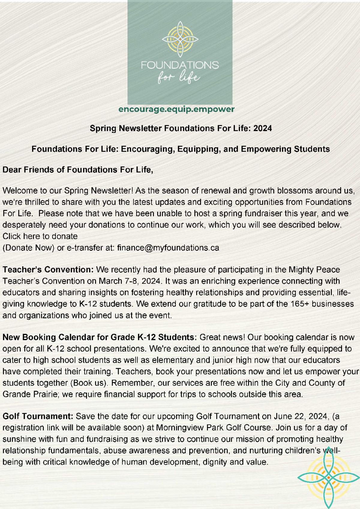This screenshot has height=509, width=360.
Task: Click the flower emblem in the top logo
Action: tap(180, 39)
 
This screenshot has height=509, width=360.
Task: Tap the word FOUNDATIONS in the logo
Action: tap(180, 65)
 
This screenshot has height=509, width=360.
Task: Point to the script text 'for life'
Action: tap(179, 77)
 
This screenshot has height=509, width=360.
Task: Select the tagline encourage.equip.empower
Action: tap(176, 109)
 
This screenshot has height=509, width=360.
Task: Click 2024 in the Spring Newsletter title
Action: tap(262, 128)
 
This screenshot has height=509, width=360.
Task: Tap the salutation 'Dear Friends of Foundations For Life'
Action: tap(78, 170)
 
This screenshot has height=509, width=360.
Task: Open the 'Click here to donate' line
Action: tap(40, 236)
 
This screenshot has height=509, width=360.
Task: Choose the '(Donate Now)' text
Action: tap(28, 248)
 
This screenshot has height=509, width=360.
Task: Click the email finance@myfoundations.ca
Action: tap(168, 248)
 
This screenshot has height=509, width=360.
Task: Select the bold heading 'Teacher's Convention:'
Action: tap(48, 270)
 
